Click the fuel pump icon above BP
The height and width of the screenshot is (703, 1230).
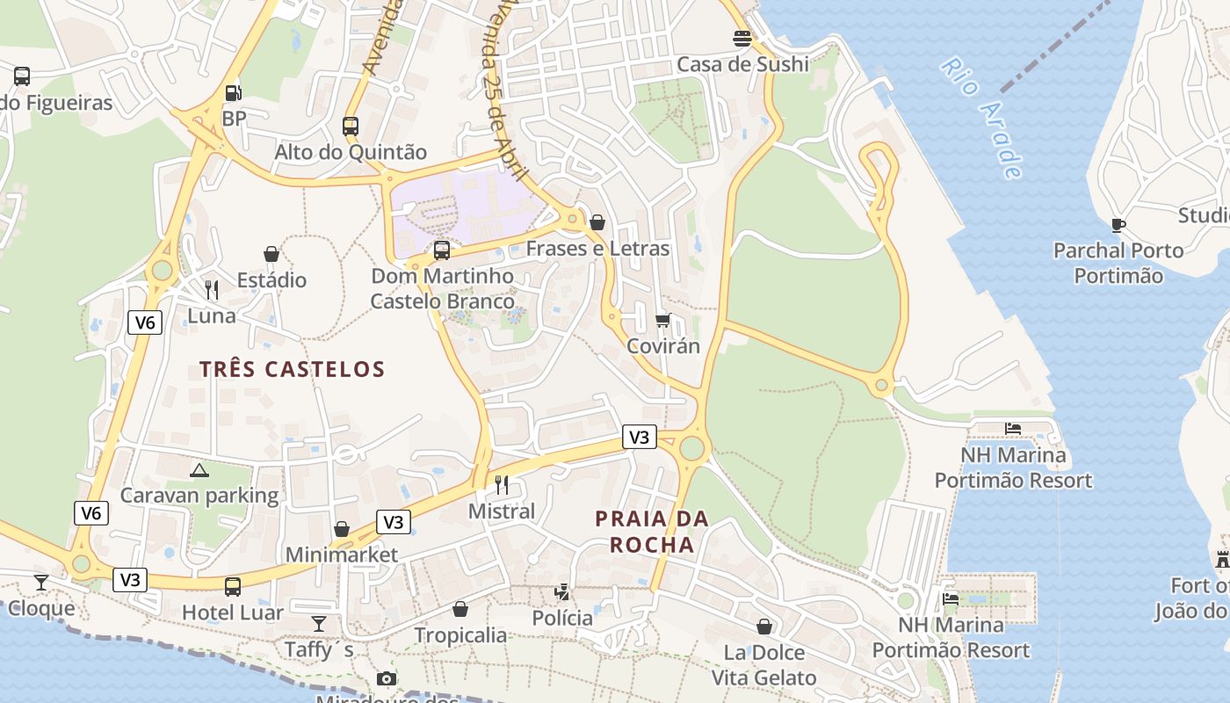[233, 92]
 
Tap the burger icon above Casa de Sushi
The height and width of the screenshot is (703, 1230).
[742, 39]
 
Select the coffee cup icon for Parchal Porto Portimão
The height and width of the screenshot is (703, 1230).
[1118, 225]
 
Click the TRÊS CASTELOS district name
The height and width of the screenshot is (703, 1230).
[292, 369]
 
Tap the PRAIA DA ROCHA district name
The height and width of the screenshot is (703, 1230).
[652, 532]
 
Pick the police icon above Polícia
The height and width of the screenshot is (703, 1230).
[562, 592]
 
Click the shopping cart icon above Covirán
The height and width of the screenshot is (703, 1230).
[663, 320]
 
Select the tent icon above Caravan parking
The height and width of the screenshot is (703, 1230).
[199, 470]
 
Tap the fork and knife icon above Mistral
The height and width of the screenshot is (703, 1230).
[502, 484]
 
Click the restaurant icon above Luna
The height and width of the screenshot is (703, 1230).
[211, 290]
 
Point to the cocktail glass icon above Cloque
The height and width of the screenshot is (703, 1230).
[41, 582]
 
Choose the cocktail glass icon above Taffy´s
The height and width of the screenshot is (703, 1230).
[319, 624]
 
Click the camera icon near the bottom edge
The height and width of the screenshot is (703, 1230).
[386, 678]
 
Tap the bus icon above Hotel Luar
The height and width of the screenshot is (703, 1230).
[233, 586]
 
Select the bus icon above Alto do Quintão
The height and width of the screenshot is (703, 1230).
[351, 126]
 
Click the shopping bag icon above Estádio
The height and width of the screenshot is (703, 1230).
[271, 254]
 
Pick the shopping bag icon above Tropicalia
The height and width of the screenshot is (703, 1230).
[460, 609]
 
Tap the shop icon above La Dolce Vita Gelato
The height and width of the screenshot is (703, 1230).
[764, 627]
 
